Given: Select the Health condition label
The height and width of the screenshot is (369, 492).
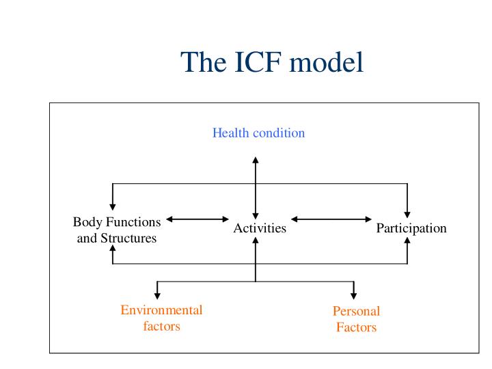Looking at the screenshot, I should (x=258, y=133).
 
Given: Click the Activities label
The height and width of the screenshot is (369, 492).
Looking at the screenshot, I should (x=260, y=228).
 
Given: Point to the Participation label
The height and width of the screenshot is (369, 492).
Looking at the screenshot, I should (x=411, y=228).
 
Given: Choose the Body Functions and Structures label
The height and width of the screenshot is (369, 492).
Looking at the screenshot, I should (x=117, y=230).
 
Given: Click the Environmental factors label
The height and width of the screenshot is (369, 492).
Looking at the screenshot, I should (x=161, y=318).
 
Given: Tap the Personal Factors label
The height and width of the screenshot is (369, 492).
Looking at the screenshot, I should (x=356, y=319).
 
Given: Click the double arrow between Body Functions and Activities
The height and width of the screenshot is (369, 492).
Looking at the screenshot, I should (x=198, y=219).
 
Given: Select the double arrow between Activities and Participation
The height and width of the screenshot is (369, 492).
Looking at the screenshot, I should (x=331, y=219).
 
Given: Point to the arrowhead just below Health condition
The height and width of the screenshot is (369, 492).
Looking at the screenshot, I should (x=256, y=161).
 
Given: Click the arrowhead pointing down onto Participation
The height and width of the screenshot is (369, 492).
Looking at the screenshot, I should (x=407, y=213).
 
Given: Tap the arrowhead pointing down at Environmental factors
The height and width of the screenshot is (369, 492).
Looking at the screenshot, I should (x=157, y=295).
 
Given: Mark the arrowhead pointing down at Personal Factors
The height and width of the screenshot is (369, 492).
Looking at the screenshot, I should (x=353, y=295).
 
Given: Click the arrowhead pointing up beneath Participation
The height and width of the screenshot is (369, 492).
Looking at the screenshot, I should (x=407, y=242).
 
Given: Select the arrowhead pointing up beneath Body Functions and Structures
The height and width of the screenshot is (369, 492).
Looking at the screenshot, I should (x=112, y=250).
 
